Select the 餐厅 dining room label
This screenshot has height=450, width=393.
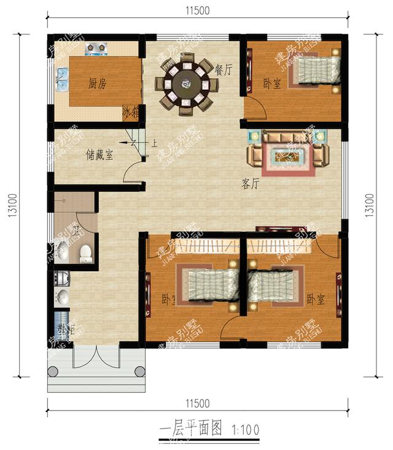(224, 70)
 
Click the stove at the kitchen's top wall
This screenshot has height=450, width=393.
(96, 47)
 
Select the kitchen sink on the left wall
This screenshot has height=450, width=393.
(61, 78)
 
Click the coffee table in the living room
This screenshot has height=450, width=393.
(287, 156)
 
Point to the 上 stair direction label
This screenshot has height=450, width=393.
(154, 145)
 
